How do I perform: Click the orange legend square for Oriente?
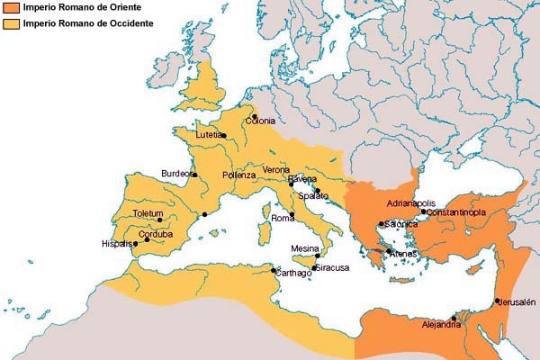click(10, 8)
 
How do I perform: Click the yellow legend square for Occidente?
click(10, 23)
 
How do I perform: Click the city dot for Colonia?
click(255, 116)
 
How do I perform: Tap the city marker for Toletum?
click(160, 220)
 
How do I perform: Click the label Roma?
click(283, 219)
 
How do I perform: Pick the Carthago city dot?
click(274, 270)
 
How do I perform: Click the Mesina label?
click(306, 248)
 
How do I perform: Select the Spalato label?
click(314, 195)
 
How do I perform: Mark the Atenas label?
click(402, 254)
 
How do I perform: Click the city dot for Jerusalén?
click(497, 301)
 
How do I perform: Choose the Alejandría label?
click(441, 325)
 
